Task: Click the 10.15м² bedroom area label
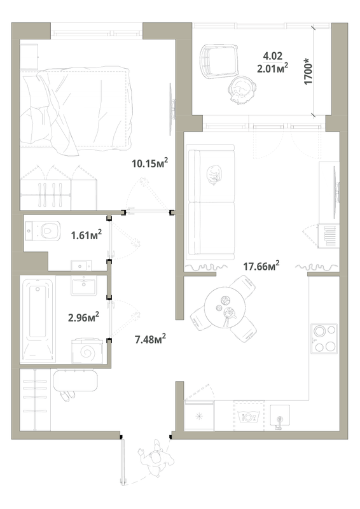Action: tap(149, 163)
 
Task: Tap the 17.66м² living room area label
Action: tap(261, 266)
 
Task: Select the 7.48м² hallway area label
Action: tap(150, 340)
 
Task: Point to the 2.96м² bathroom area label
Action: tap(83, 317)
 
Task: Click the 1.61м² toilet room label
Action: tap(87, 235)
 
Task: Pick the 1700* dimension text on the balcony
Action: tap(308, 71)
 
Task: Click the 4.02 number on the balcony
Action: tap(273, 56)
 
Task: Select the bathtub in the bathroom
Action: tap(38, 319)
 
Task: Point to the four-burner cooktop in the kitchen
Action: tap(324, 338)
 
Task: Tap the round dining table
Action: tap(225, 307)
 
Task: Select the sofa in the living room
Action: tap(211, 202)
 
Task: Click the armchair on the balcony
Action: tap(218, 61)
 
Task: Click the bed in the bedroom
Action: tap(76, 109)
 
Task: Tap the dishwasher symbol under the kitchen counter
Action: tap(249, 416)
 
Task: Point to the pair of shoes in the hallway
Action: tap(67, 396)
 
